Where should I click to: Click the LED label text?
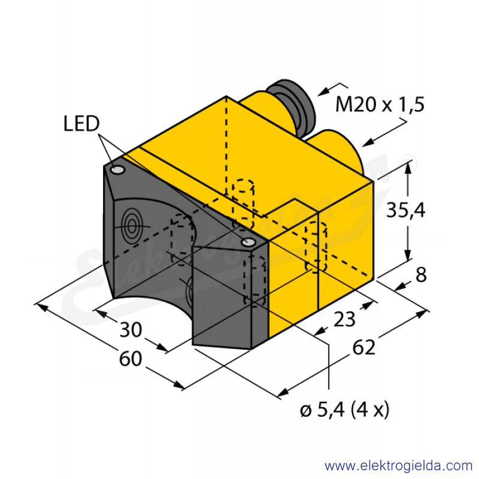click(x=81, y=124)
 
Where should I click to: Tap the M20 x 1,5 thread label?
click(x=380, y=104)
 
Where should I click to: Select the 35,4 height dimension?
click(x=406, y=210)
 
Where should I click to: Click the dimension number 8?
click(x=421, y=275)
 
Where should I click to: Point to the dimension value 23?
click(x=344, y=319)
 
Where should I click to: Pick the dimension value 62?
click(x=363, y=347)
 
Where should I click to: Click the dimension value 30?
click(x=131, y=330)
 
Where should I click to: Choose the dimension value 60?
click(x=131, y=358)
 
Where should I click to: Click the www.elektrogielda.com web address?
click(x=398, y=466)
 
